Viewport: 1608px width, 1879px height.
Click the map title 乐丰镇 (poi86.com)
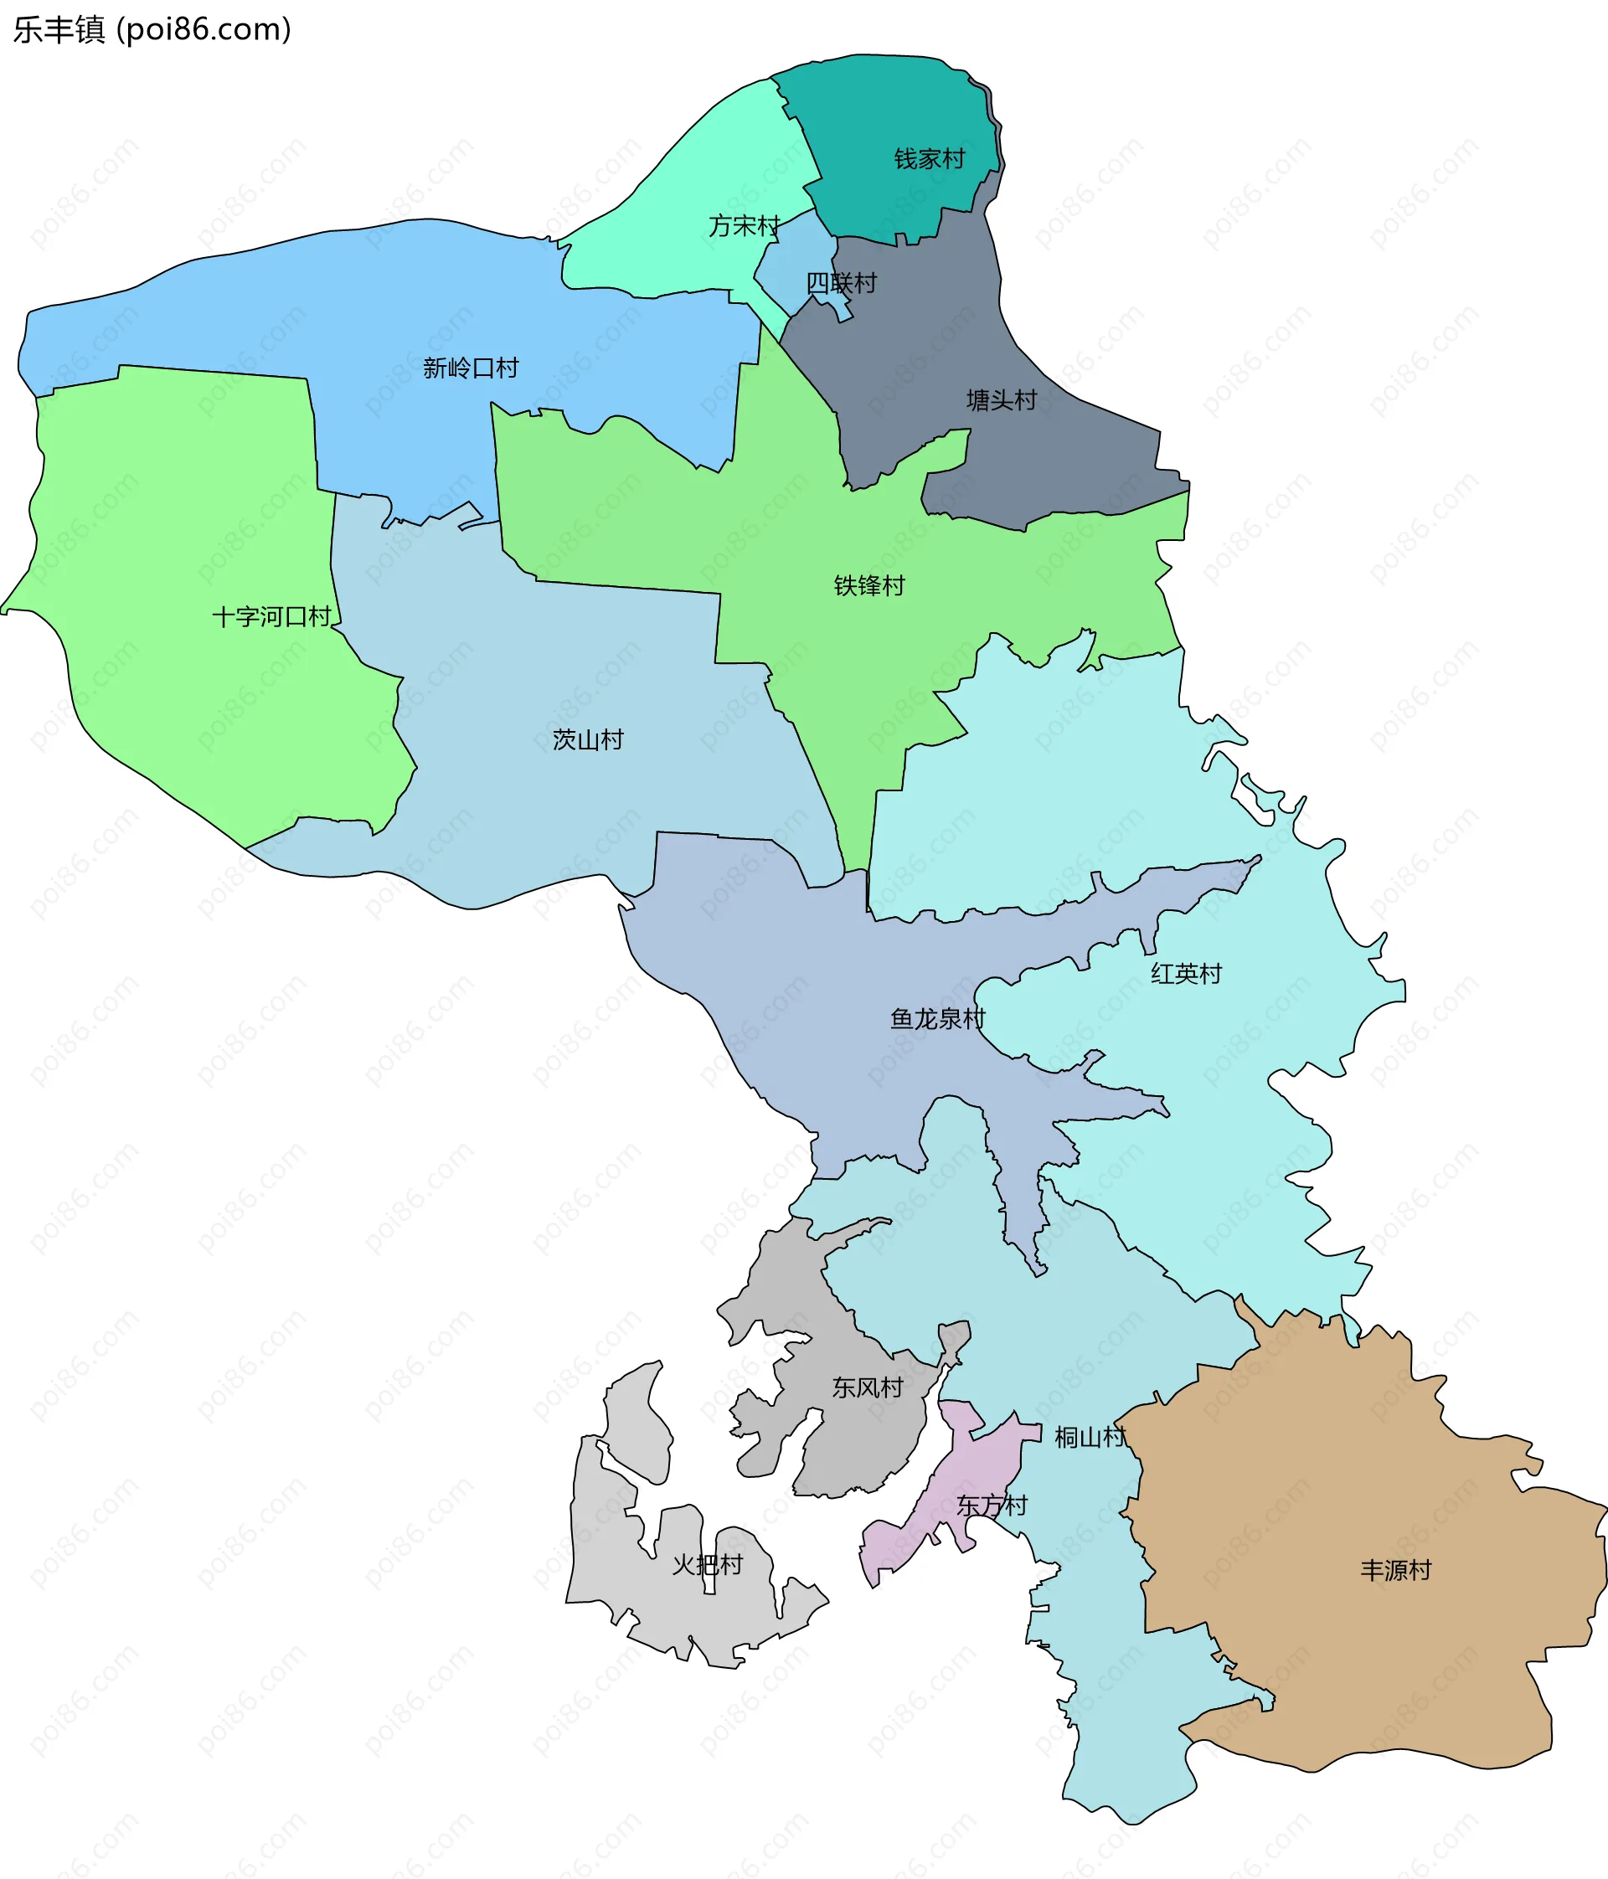tap(152, 30)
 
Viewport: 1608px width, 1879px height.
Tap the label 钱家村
tap(930, 160)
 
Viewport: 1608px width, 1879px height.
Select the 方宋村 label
tap(744, 226)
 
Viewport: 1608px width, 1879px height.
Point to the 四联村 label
tap(842, 283)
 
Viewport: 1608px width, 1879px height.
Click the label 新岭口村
tap(471, 368)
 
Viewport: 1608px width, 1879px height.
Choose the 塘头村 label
tap(1002, 400)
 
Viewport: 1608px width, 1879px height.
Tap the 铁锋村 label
tap(868, 586)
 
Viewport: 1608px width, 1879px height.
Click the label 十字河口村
tap(272, 618)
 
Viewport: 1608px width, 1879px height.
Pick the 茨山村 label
tap(588, 740)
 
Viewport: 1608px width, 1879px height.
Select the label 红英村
tap(1186, 974)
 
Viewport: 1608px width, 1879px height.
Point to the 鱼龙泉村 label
tap(938, 1019)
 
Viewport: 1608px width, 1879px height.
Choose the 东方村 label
tap(992, 1506)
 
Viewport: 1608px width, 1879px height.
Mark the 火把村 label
tap(708, 1565)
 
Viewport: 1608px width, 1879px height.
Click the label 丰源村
tap(1396, 1571)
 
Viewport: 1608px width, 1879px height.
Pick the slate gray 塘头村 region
tap(916, 363)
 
